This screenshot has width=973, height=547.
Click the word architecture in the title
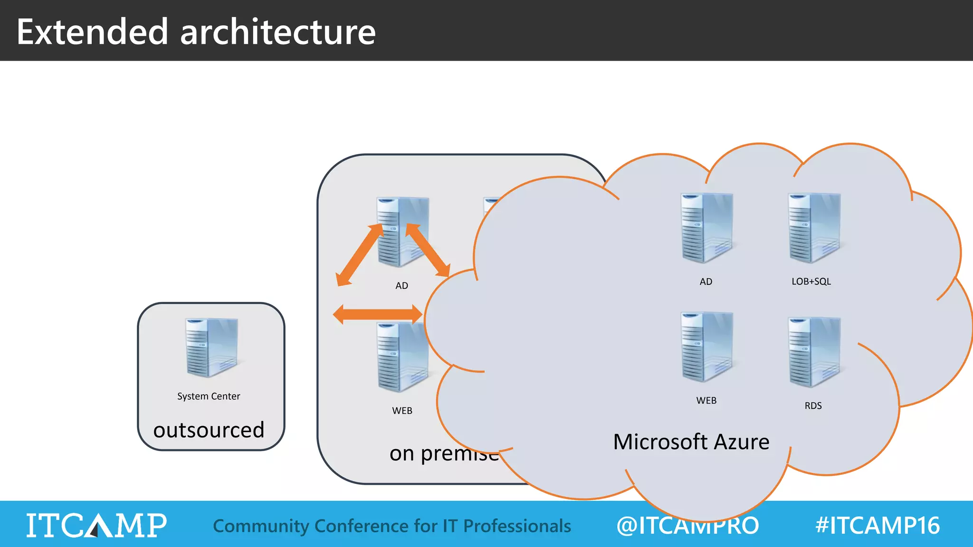point(278,32)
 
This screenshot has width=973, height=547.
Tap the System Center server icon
point(211,348)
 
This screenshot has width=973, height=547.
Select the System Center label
point(209,396)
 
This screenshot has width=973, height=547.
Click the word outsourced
point(209,430)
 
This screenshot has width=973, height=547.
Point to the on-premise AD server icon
point(402,231)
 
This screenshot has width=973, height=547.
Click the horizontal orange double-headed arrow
point(378,314)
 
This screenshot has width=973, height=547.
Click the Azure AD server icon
point(706,228)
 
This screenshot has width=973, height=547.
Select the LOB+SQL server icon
point(814,228)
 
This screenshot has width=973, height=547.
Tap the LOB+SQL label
point(811,282)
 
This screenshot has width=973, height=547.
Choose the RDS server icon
point(814,352)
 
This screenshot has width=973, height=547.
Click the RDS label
point(813,406)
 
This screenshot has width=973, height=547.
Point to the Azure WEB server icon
point(706,347)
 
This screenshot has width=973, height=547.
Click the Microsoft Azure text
point(691,442)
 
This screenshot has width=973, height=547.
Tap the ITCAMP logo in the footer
point(96,526)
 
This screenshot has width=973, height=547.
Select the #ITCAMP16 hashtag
point(877,526)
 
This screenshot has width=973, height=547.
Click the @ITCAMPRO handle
point(687,526)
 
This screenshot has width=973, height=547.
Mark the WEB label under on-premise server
point(402,411)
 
